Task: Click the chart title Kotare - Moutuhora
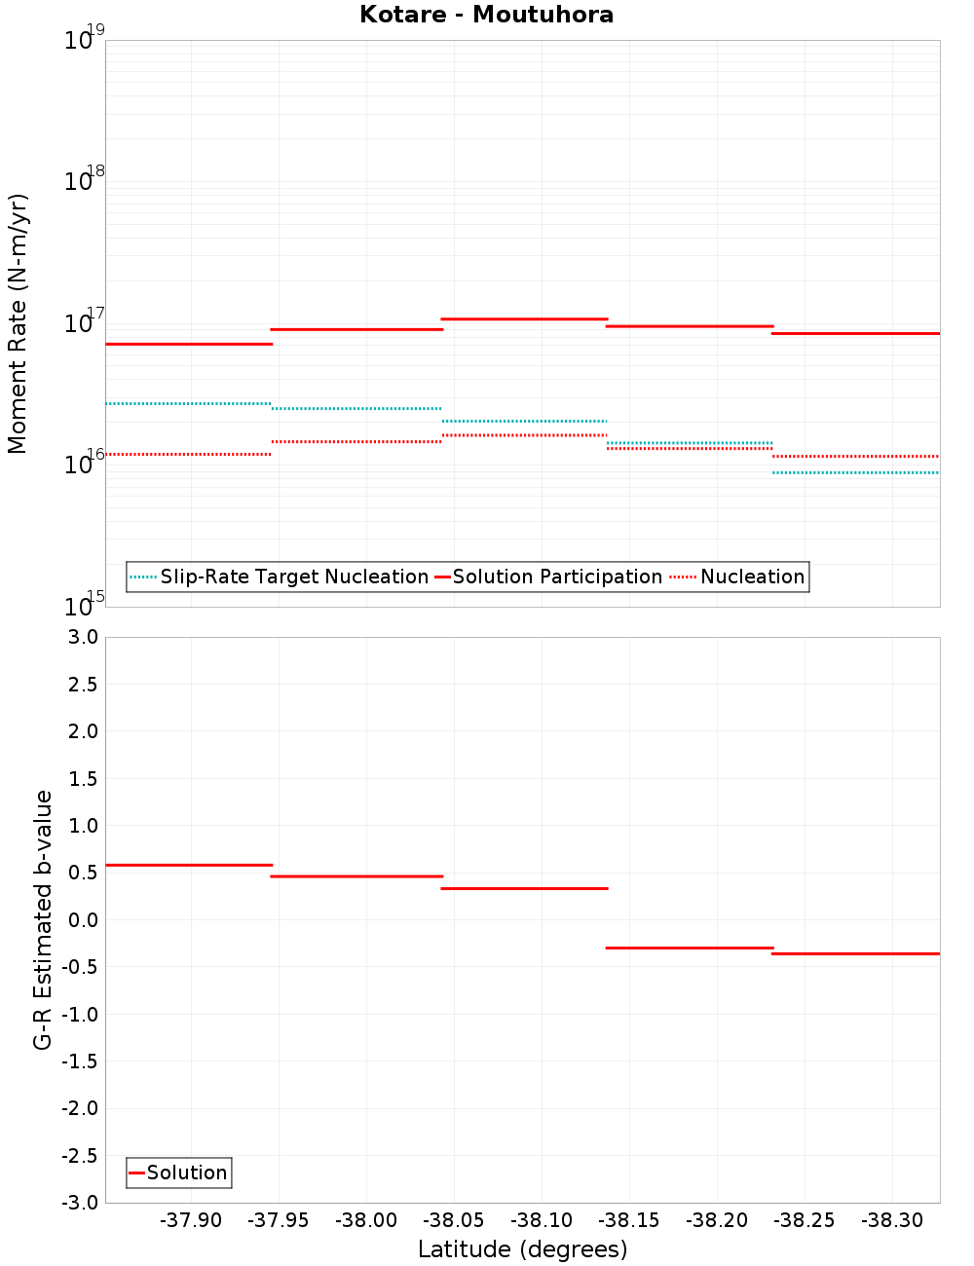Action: tap(486, 15)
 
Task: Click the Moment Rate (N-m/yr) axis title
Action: tap(18, 323)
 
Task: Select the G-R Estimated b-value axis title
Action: tap(43, 919)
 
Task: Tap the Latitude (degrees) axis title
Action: tap(522, 1249)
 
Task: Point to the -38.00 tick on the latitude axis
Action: tap(366, 1220)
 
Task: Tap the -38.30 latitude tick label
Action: tap(892, 1220)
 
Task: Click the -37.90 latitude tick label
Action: tap(191, 1220)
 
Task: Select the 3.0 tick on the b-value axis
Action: tap(82, 637)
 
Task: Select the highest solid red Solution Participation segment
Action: tap(524, 318)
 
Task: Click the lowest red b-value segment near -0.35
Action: tap(855, 953)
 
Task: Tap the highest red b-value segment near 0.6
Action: tap(188, 865)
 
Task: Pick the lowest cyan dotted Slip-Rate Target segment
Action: tap(855, 472)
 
